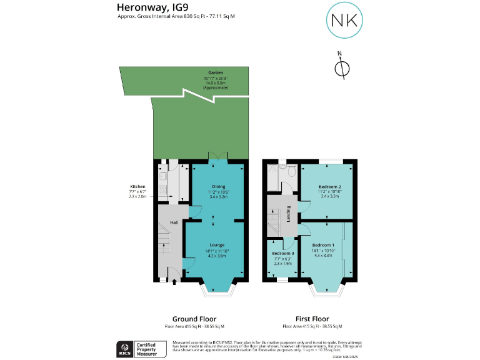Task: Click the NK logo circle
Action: pyautogui.click(x=344, y=20)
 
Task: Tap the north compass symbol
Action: pyautogui.click(x=342, y=69)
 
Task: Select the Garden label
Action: pyautogui.click(x=216, y=72)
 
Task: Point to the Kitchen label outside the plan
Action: pyautogui.click(x=137, y=187)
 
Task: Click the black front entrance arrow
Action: pyautogui.click(x=174, y=282)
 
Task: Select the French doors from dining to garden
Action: pyautogui.click(x=217, y=160)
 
